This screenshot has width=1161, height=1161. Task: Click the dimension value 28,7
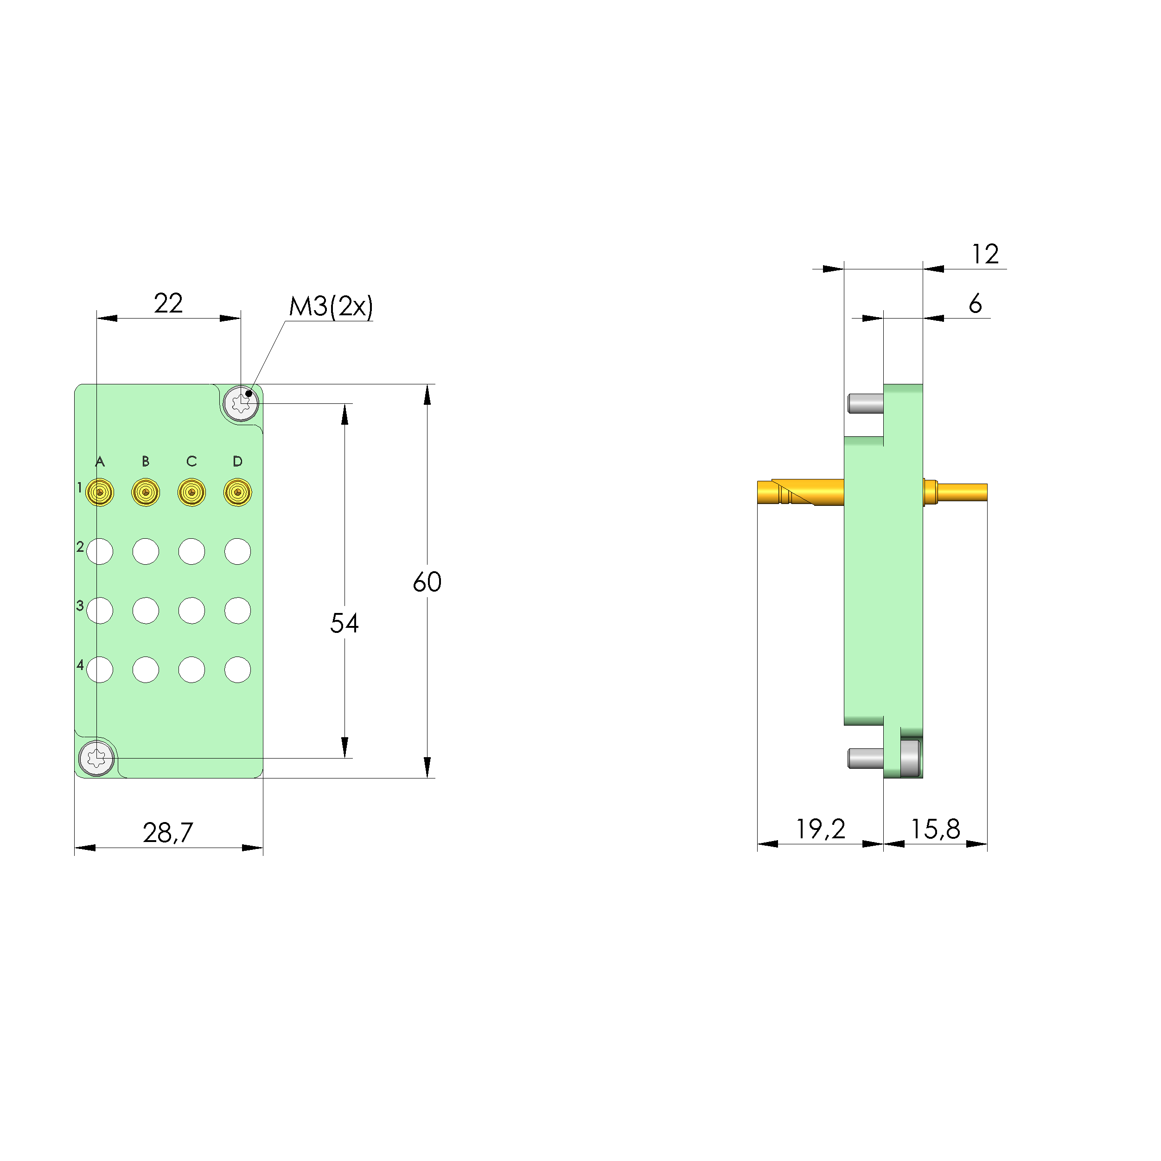pos(168,832)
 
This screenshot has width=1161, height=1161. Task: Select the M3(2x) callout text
pos(331,306)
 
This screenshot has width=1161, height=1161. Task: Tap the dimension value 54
pos(344,623)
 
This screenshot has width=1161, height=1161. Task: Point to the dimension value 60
pos(427,582)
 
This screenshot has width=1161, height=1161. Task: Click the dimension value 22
pos(168,304)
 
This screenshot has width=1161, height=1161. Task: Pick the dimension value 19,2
pos(820,829)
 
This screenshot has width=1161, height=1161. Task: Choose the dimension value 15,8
pos(935,829)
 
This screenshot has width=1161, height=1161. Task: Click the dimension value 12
pos(986,254)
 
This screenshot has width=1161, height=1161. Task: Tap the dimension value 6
pos(976,304)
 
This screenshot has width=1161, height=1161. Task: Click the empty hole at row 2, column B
pos(146,551)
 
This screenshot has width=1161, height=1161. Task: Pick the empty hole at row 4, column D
pos(237,670)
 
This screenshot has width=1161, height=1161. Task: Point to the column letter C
pos(191,461)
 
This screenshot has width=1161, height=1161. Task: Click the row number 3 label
pos(80,606)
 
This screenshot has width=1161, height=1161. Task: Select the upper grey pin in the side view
pos(865,403)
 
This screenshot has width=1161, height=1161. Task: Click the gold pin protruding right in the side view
pos(962,492)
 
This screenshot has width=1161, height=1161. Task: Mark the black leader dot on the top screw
pos(249,394)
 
